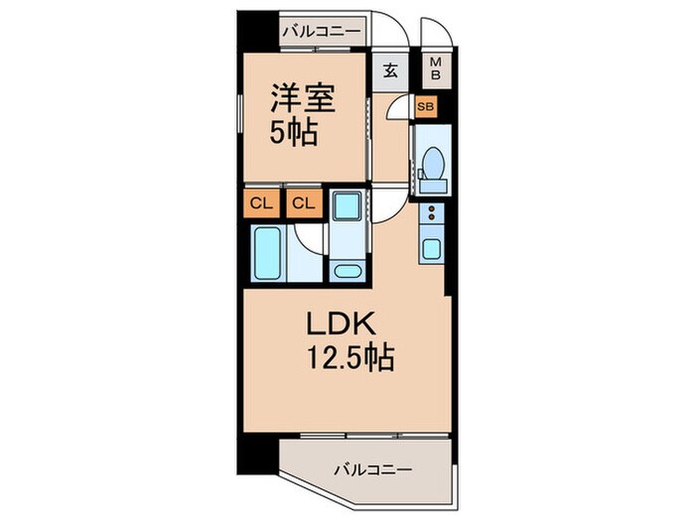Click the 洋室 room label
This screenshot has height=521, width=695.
click(x=305, y=98)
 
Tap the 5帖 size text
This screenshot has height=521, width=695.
click(x=295, y=132)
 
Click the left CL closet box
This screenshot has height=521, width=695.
click(x=260, y=205)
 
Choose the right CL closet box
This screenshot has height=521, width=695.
click(x=304, y=205)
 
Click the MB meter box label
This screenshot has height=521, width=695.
click(x=435, y=69)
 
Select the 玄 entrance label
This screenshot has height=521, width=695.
click(x=391, y=70)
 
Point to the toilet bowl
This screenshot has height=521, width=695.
click(x=433, y=165)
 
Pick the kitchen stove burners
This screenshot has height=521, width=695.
click(x=432, y=211)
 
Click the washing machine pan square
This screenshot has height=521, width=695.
click(x=347, y=206)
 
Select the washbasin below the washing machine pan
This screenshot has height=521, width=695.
click(x=347, y=270)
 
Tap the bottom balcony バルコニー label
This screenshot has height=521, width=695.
click(x=373, y=468)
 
